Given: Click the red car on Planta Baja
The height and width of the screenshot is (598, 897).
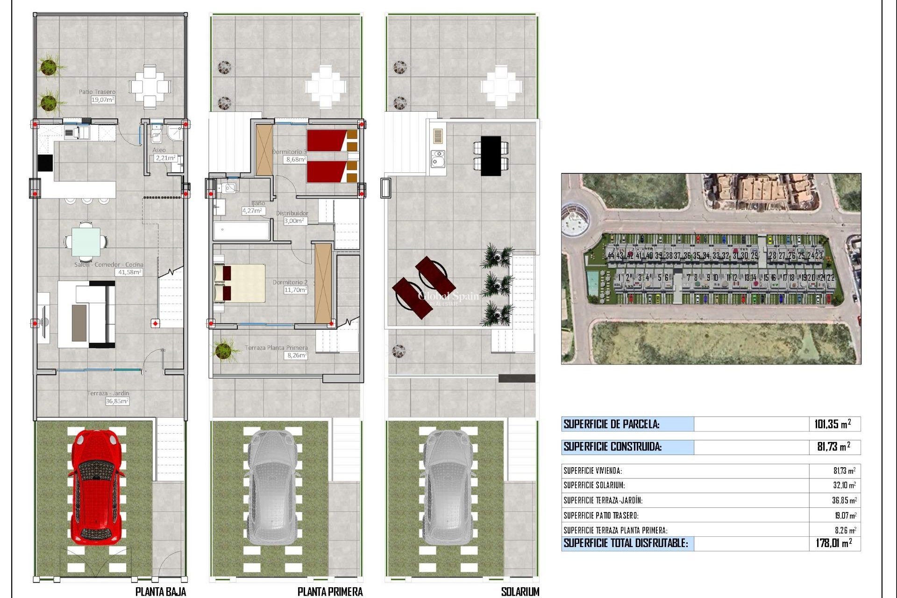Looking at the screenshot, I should [96, 486].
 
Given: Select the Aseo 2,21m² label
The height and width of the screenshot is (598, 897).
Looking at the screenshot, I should [164, 154].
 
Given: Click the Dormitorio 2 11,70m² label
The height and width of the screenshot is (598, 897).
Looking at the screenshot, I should [290, 286].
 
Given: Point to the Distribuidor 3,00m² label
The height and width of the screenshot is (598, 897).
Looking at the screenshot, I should [292, 217].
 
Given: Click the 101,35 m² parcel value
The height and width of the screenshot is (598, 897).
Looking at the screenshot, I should [832, 424].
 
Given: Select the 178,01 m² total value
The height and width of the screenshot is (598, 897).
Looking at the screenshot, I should [833, 543].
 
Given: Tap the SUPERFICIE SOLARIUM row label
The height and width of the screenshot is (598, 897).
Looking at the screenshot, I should [594, 485].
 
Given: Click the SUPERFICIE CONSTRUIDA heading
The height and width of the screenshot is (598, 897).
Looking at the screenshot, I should [612, 447].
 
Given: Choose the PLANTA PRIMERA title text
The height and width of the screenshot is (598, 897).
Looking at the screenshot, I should [330, 591].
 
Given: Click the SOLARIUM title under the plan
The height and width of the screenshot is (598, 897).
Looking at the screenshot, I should [520, 591].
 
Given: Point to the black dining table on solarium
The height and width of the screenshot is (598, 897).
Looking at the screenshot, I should [491, 156].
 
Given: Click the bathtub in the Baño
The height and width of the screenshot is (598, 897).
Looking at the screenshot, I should [242, 230].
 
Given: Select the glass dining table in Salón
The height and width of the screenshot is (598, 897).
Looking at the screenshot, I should [85, 242].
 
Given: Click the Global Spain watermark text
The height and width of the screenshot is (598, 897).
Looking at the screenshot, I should [448, 296].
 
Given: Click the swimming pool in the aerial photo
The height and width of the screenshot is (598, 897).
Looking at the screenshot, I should [593, 282].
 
